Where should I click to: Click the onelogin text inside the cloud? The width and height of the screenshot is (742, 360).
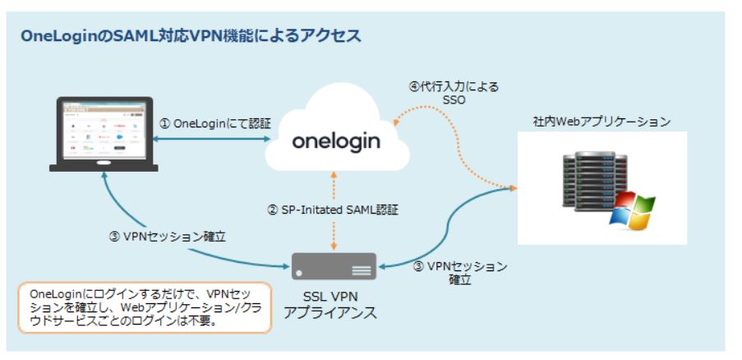click(x=336, y=141)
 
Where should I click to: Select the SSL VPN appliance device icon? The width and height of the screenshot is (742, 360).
click(x=334, y=266)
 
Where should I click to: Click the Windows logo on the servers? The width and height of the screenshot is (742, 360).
click(x=630, y=210)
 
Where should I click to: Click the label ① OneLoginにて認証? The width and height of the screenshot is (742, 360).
click(x=215, y=122)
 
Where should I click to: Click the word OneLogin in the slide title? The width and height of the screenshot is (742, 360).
click(x=61, y=36)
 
